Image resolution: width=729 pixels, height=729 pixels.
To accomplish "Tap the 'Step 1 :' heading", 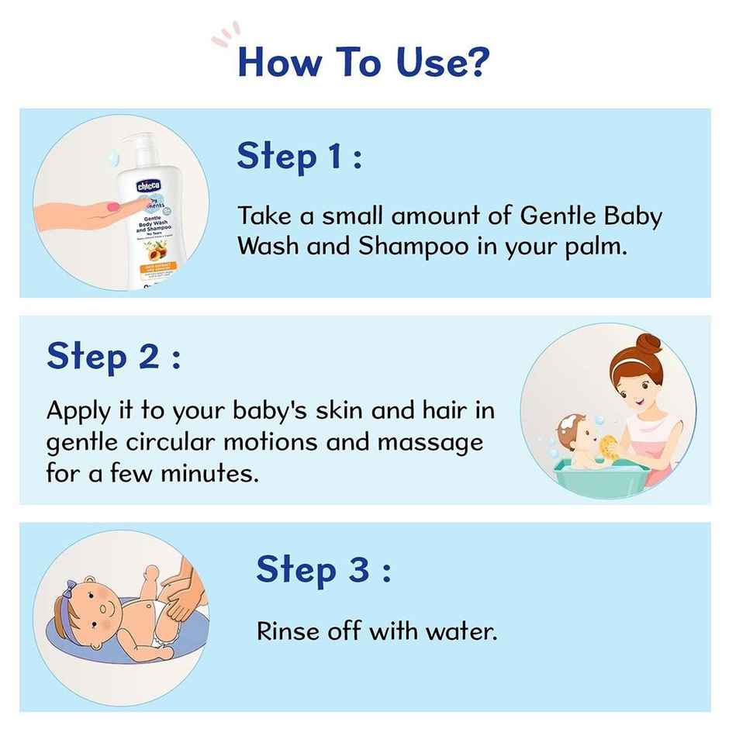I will point(299,157).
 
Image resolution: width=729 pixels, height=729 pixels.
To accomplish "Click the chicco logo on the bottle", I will point(149,187).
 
